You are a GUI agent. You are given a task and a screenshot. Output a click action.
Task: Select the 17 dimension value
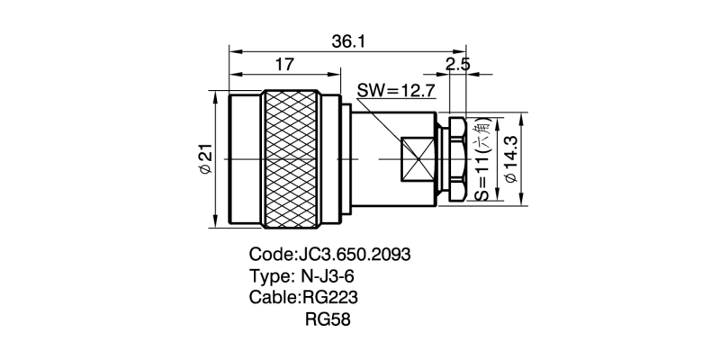(x=284, y=65)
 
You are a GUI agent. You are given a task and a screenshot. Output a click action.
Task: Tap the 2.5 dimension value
(x=457, y=65)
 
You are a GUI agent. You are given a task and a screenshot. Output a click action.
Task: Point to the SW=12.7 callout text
(x=397, y=90)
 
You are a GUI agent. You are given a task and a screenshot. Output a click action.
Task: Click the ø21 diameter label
(x=204, y=161)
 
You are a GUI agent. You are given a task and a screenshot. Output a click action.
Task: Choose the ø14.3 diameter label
(x=512, y=160)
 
